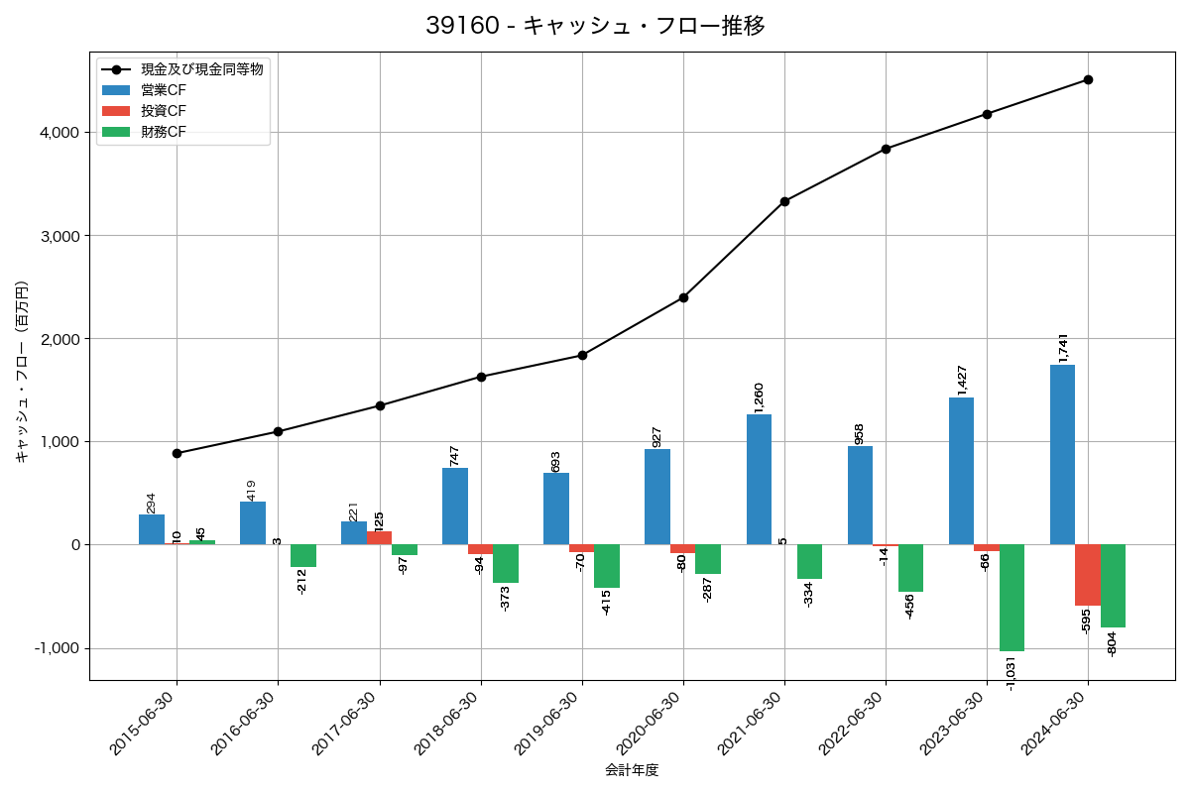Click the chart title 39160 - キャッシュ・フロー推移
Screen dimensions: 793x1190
[x=595, y=26]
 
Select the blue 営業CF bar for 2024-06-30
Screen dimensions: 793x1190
[x=1062, y=455]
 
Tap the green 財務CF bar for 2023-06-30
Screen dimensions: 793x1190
[x=1011, y=598]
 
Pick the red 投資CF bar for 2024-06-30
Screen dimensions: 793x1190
[x=1088, y=575]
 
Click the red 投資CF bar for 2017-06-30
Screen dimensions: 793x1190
[x=379, y=538]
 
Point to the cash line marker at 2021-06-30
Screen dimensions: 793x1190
[x=784, y=201]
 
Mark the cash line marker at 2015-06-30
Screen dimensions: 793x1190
[x=177, y=453]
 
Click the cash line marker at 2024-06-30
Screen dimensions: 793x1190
[x=1088, y=79]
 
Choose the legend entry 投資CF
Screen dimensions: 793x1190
[x=164, y=111]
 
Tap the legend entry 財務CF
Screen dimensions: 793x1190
[x=164, y=132]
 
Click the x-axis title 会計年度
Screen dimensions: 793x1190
[x=632, y=770]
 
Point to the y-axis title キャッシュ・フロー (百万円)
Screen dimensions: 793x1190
[x=22, y=373]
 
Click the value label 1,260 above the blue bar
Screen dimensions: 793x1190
[x=759, y=397]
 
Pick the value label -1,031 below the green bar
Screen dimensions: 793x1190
[x=1011, y=673]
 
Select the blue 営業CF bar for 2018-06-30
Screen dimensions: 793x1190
[x=455, y=507]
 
